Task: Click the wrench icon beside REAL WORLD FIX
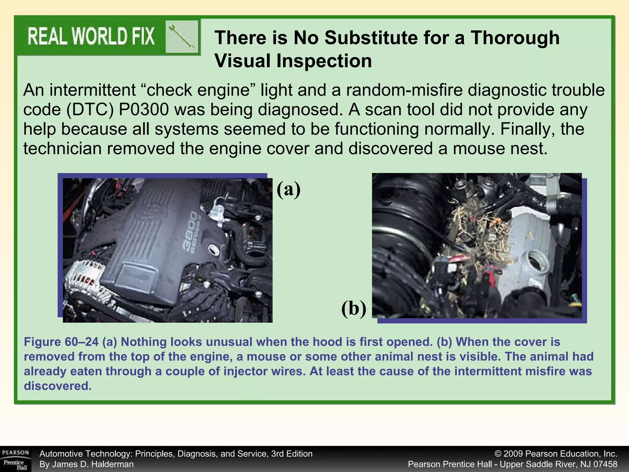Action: pos(182,37)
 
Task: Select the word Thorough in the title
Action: pos(515,38)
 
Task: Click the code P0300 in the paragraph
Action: pos(143,110)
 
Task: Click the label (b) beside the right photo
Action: pos(354,308)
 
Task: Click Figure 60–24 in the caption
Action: pos(61,342)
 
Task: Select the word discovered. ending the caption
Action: pos(58,386)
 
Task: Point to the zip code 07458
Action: pos(604,464)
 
